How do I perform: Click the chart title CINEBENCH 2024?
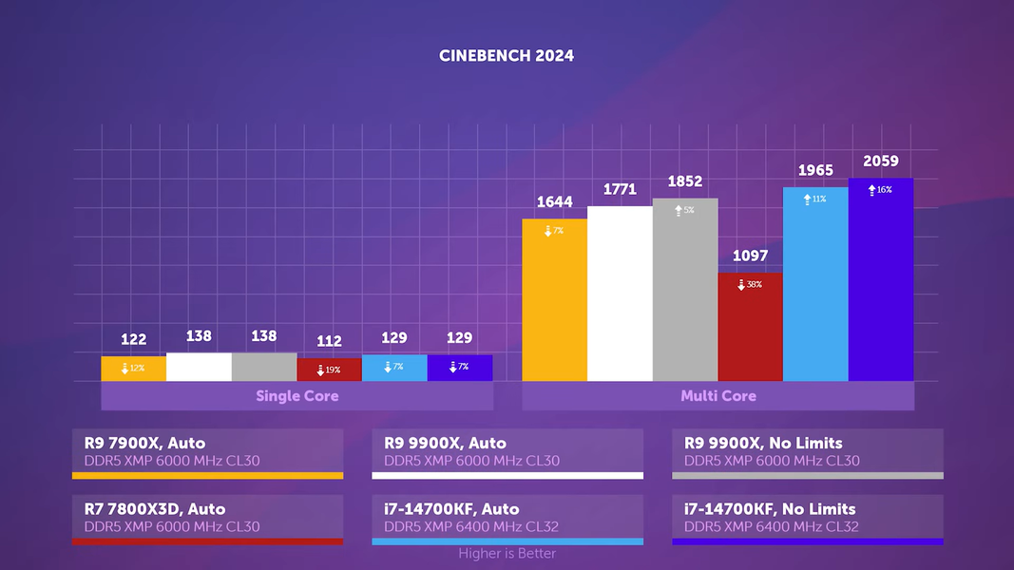pos(507,55)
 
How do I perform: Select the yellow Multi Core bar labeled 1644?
pos(554,304)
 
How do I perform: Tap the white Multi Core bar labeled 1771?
pos(620,294)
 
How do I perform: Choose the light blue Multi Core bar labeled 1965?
pos(815,285)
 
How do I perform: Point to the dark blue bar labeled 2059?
pos(881,280)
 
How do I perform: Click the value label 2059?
pos(881,161)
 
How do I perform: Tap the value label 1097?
pos(750,256)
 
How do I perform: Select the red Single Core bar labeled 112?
pos(329,370)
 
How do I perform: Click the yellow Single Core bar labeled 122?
pos(133,369)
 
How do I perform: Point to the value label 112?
pos(329,342)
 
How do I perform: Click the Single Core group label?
pos(297,396)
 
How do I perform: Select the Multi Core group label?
pos(717,396)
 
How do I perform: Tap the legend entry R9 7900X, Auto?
pos(207,452)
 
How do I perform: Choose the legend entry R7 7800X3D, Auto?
pos(207,518)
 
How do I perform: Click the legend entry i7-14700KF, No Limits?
pos(807,518)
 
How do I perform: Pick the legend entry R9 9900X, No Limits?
pos(807,452)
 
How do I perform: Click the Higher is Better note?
pos(507,554)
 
